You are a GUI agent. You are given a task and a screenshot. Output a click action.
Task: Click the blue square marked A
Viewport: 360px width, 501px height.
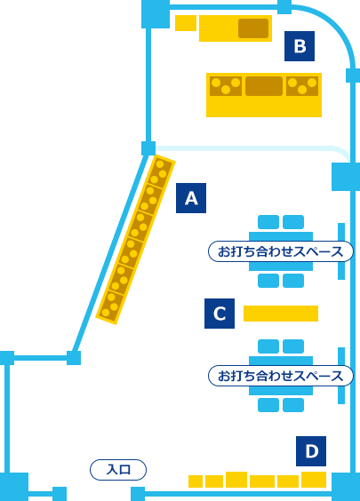pyautogui.click(x=191, y=198)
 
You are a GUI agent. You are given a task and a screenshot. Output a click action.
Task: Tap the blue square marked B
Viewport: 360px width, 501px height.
pyautogui.click(x=300, y=46)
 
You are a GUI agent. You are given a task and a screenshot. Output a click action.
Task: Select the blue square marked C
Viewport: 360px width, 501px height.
pyautogui.click(x=220, y=314)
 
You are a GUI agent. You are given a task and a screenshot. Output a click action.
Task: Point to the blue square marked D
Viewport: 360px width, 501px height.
pyautogui.click(x=311, y=451)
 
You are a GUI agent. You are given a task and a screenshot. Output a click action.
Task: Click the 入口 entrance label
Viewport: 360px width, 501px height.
pyautogui.click(x=118, y=470)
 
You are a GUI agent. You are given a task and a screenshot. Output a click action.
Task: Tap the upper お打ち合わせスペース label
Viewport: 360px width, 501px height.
pyautogui.click(x=281, y=251)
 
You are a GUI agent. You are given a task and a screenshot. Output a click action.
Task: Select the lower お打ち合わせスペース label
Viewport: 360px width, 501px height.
pyautogui.click(x=281, y=376)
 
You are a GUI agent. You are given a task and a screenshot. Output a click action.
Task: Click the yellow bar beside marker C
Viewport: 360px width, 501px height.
pyautogui.click(x=281, y=314)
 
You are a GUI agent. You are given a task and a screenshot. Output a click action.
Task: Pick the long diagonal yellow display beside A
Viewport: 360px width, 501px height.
pyautogui.click(x=136, y=239)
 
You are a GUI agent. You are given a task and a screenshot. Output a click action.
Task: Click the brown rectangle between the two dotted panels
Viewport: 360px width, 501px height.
pyautogui.click(x=264, y=86)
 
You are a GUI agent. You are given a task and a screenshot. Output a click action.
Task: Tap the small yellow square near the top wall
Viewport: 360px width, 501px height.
pyautogui.click(x=186, y=23)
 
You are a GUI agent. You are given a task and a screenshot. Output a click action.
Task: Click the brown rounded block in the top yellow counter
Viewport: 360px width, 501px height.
pyautogui.click(x=253, y=28)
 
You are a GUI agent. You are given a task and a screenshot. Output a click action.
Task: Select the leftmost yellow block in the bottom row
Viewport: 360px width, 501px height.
pyautogui.click(x=196, y=481)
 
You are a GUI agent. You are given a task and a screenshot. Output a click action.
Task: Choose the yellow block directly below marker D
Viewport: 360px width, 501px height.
pyautogui.click(x=314, y=480)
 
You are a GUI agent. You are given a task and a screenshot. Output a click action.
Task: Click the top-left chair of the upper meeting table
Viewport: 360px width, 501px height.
pyautogui.click(x=268, y=222)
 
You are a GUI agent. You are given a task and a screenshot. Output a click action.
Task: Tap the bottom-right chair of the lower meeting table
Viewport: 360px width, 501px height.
pyautogui.click(x=293, y=405)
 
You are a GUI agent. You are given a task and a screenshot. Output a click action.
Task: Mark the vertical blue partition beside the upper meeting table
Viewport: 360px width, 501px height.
pyautogui.click(x=341, y=251)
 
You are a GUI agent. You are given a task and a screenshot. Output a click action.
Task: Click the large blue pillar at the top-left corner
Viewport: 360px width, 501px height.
pyautogui.click(x=156, y=14)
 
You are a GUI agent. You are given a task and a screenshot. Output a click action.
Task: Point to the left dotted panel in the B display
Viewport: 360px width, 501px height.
pyautogui.click(x=226, y=86)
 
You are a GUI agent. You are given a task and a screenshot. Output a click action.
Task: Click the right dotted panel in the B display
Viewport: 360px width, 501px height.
pyautogui.click(x=302, y=86)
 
